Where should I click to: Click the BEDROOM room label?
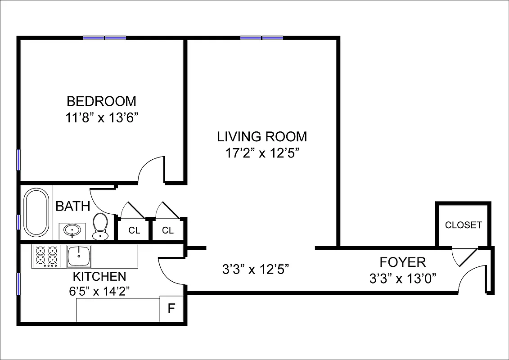[x=101, y=101]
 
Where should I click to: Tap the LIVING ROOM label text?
[x=262, y=136]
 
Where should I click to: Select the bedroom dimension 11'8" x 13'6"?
[x=101, y=118]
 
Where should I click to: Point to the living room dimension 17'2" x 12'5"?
[x=262, y=153]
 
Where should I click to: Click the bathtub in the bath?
[x=36, y=213]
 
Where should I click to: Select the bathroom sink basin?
[x=72, y=230]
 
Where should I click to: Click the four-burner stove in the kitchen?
[x=46, y=256]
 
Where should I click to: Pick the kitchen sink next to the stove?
[x=79, y=256]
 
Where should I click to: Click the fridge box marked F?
[x=171, y=309]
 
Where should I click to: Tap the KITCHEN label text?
[x=99, y=276]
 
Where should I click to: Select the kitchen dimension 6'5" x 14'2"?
[x=99, y=291]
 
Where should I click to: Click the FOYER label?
[x=402, y=262]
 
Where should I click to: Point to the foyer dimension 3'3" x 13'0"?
[x=402, y=279]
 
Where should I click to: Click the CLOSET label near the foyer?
[x=463, y=225]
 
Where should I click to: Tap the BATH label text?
[x=72, y=207]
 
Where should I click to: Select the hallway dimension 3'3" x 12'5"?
[x=255, y=270]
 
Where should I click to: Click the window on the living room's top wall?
[x=261, y=38]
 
